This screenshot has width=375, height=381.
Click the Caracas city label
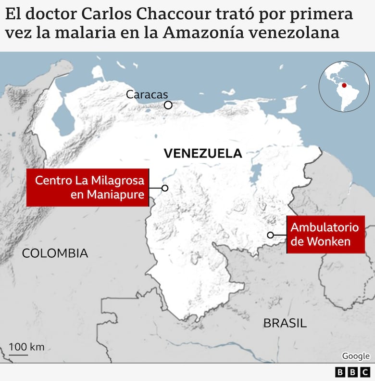147,94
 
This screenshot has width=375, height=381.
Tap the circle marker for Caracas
168,105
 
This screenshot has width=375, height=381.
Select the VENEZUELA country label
202,153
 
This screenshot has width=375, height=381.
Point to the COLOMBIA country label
55,253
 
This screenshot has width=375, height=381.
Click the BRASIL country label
285,323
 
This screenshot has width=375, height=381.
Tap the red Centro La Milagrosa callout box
87,187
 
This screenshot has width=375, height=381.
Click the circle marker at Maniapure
165,188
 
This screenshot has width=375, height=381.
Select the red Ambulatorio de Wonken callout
325,234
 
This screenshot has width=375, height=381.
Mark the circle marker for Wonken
271,235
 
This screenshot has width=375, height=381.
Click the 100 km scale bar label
26,347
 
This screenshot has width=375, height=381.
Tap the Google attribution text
356,356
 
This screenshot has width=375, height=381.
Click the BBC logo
352,372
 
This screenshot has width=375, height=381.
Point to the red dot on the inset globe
344,85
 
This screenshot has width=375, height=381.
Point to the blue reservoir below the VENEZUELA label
256,171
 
